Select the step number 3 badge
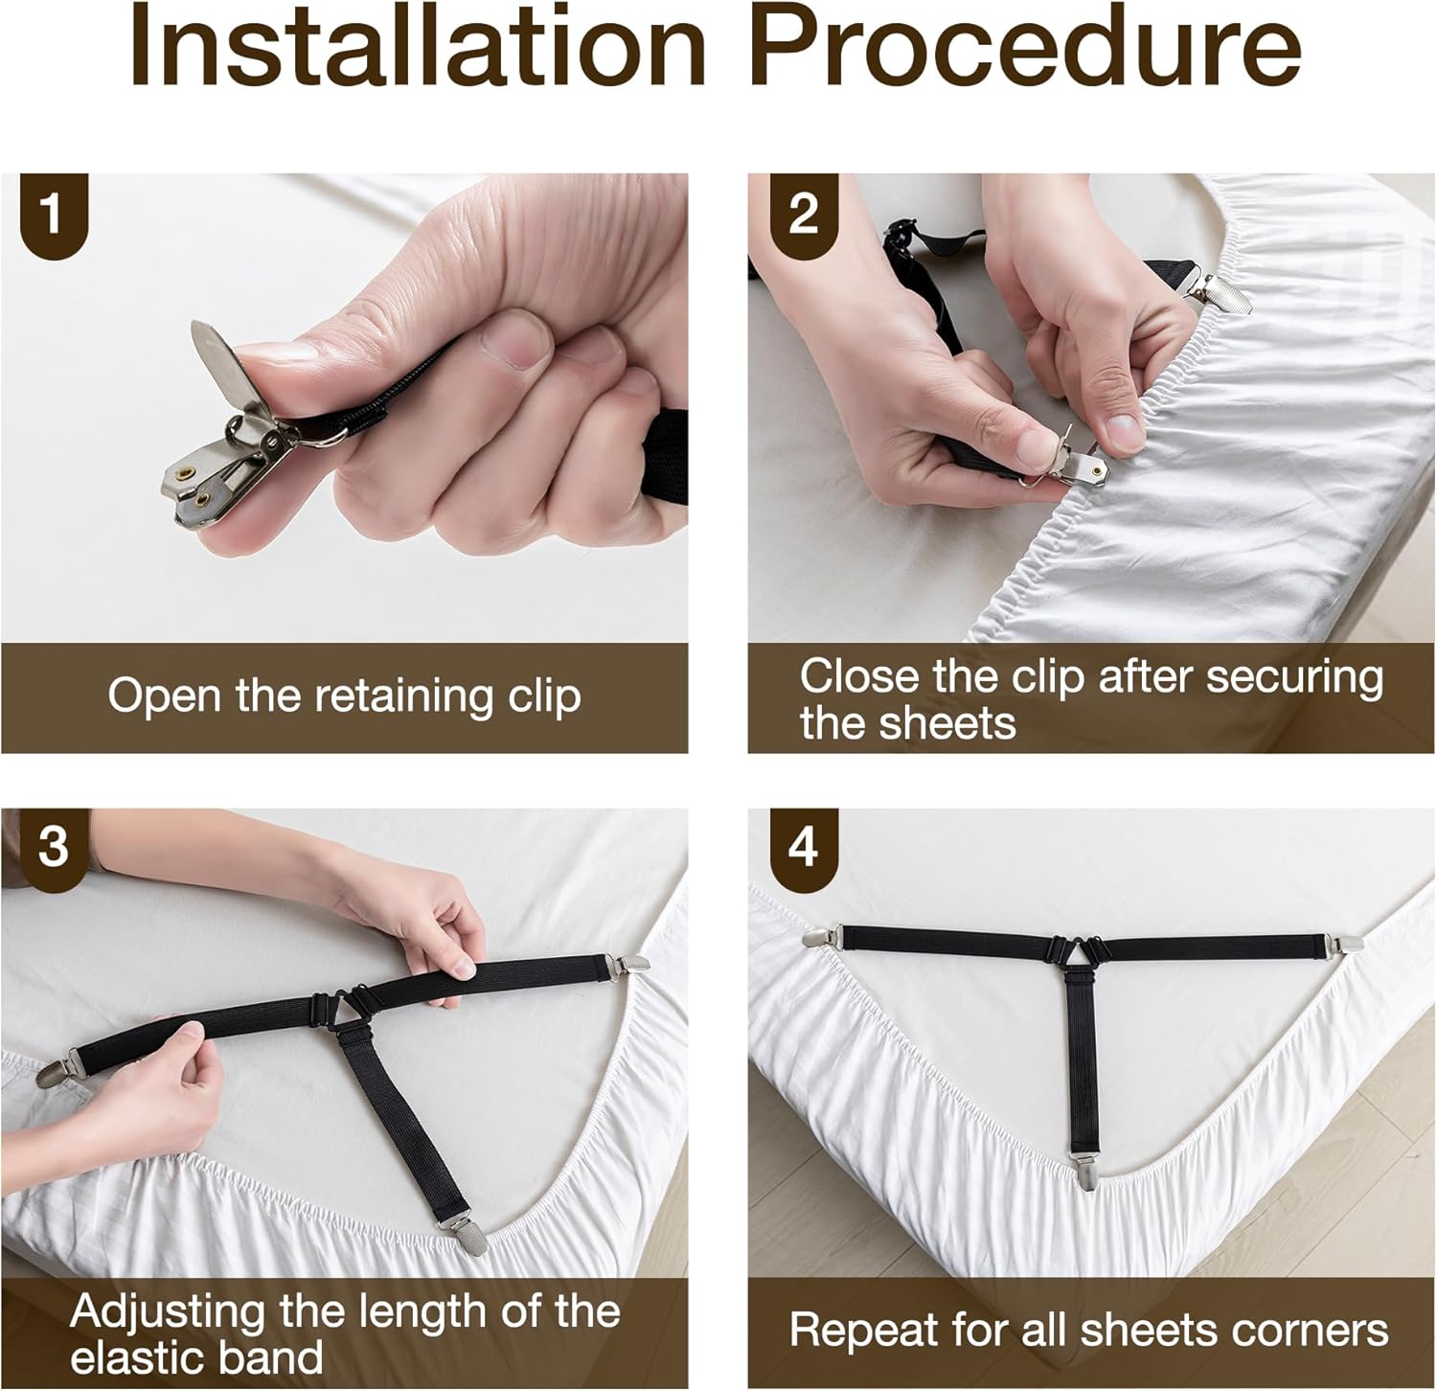54,849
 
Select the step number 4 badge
803,849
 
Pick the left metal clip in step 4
822,936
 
